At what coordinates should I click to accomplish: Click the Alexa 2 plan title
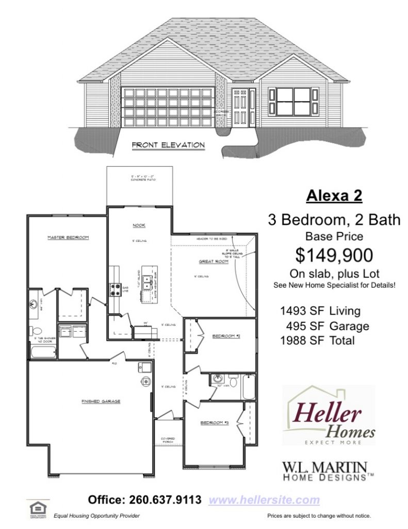pos(334,196)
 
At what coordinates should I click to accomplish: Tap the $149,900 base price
pos(334,255)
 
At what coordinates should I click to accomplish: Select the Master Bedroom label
pos(68,237)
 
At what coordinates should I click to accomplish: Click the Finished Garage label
pos(101,400)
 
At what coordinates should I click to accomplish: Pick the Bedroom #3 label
pos(214,423)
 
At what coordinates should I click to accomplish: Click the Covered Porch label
pos(168,441)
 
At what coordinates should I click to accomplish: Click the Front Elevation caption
pos(168,145)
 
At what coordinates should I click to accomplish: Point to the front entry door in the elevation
pos(240,107)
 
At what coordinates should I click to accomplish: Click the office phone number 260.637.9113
pos(148,500)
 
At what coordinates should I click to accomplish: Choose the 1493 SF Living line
pos(320,311)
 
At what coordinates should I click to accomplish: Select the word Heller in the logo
pos(328,413)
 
